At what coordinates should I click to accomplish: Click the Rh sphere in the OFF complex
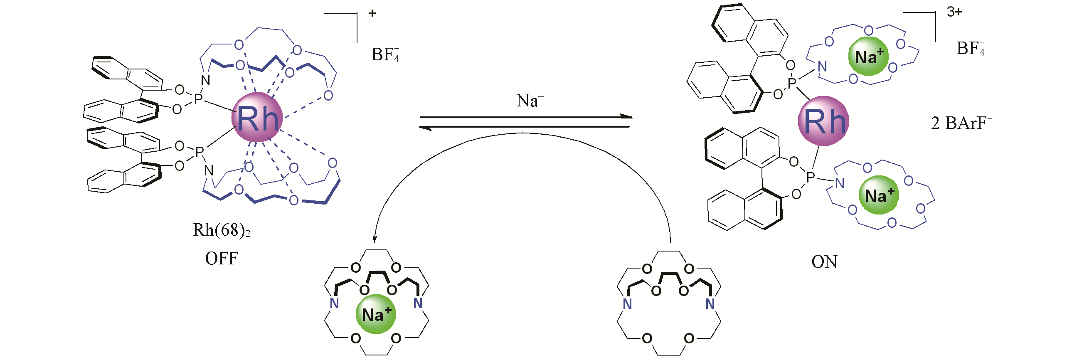coord(257,118)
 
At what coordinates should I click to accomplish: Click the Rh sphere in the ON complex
coord(823,121)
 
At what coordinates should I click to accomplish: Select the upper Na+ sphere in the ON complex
coord(868,56)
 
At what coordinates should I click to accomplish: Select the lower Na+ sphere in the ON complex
coord(879,195)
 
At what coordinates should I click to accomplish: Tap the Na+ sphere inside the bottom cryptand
coord(376,314)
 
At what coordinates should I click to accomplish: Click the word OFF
coord(222,259)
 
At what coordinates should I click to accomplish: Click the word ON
coord(824,262)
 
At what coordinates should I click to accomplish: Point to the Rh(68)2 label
coord(222,230)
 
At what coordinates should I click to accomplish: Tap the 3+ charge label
coord(954,12)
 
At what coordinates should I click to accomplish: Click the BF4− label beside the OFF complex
coord(385,54)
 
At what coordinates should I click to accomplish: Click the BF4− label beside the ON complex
coord(970,48)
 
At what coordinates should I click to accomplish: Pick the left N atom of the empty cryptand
coord(627,304)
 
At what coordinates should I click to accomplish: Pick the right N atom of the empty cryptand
coord(710,304)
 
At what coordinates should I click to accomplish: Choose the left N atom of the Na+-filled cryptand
coord(334,303)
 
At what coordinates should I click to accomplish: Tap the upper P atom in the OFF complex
coord(198,99)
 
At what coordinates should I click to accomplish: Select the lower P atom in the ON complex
coord(811,178)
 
